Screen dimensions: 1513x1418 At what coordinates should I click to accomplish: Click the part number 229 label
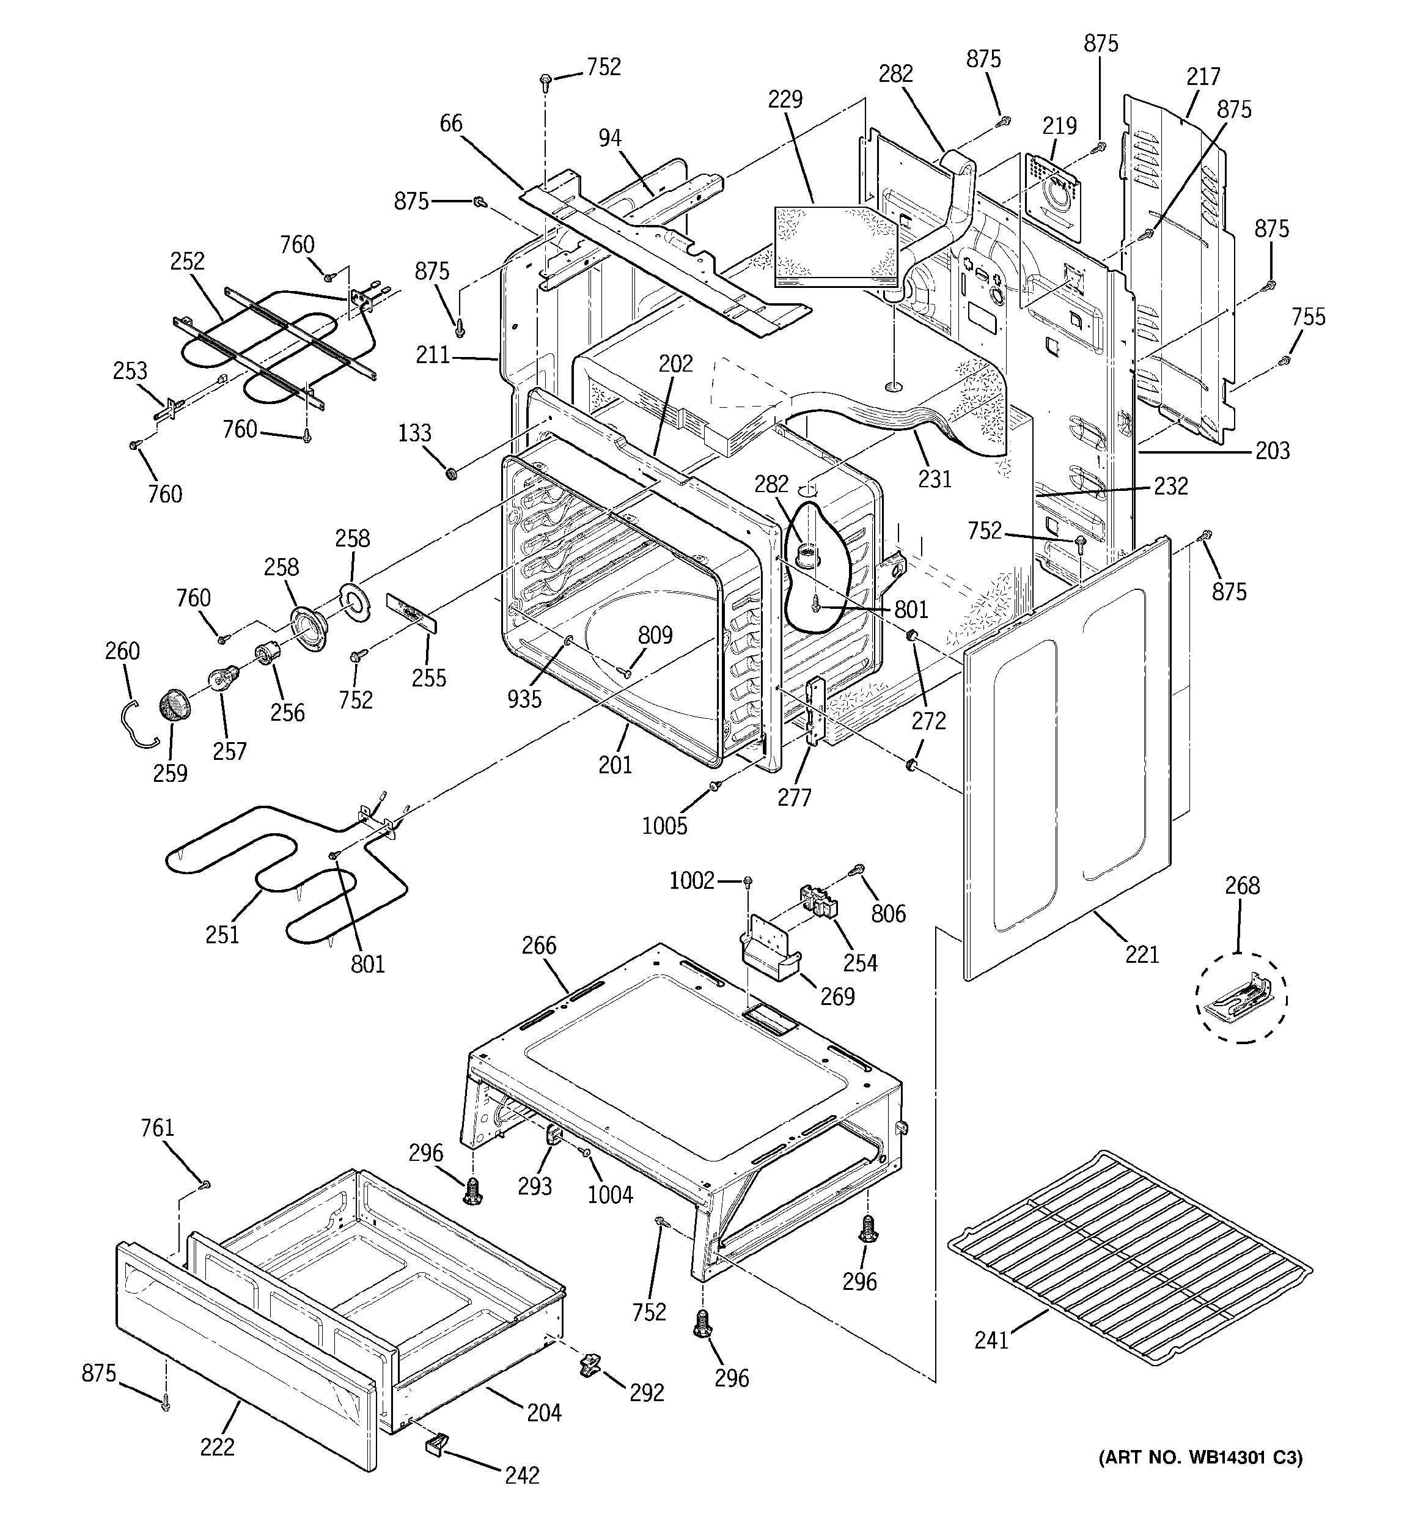[785, 100]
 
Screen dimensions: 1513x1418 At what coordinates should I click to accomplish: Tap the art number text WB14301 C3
[1200, 1457]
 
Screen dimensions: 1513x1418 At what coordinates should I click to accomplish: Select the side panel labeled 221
[1065, 761]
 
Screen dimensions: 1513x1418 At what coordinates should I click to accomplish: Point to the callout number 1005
[664, 826]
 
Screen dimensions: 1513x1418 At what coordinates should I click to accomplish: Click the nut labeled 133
[450, 475]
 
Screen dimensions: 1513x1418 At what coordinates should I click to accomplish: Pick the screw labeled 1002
[748, 882]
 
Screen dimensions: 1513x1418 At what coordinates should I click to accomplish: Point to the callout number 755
[1307, 317]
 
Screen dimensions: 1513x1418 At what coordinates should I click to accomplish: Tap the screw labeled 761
[204, 1185]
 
